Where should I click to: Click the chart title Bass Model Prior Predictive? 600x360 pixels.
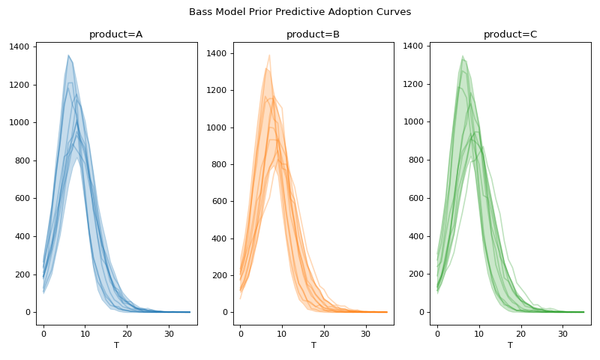pyautogui.click(x=300, y=12)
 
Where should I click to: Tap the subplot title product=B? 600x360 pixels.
pyautogui.click(x=313, y=34)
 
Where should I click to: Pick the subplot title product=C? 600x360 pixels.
pyautogui.click(x=510, y=34)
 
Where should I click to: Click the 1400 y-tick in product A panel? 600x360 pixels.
pyautogui.click(x=19, y=46)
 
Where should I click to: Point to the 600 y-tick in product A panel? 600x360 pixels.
pyautogui.click(x=22, y=199)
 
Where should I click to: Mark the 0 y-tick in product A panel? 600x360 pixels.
pyautogui.click(x=28, y=312)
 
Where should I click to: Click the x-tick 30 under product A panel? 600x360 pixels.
pyautogui.click(x=169, y=333)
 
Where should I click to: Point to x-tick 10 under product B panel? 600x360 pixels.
pyautogui.click(x=282, y=333)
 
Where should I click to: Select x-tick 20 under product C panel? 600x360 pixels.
pyautogui.click(x=520, y=333)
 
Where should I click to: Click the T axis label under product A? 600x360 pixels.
pyautogui.click(x=115, y=345)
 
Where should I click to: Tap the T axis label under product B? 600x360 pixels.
pyautogui.click(x=313, y=345)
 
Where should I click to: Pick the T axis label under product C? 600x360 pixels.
pyautogui.click(x=510, y=345)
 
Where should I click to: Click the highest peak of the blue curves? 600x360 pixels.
pyautogui.click(x=68, y=55)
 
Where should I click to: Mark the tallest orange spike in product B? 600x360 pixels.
pyautogui.click(x=269, y=55)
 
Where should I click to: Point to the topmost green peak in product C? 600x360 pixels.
pyautogui.click(x=463, y=55)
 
